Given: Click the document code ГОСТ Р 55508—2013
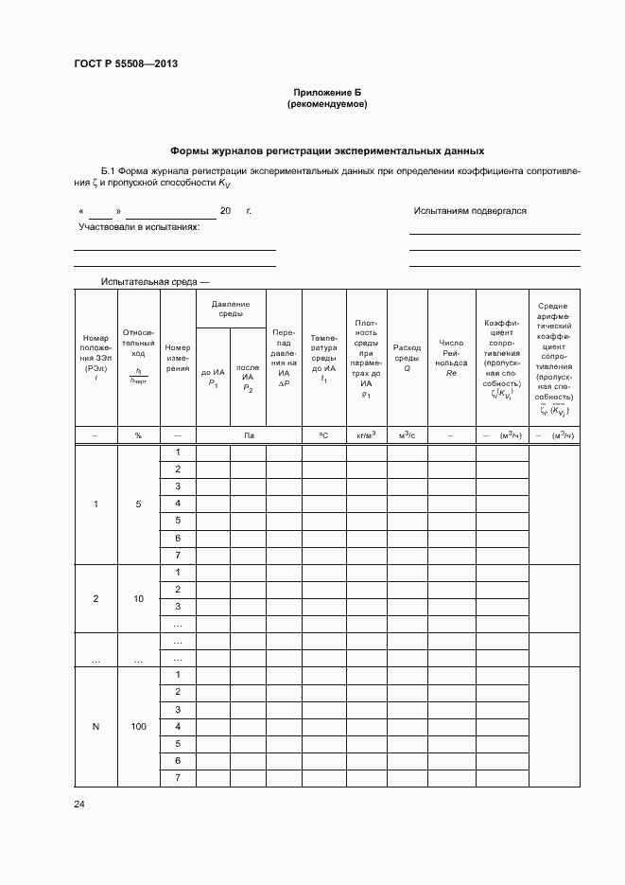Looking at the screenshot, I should coord(126,64).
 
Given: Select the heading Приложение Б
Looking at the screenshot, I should coord(326,92).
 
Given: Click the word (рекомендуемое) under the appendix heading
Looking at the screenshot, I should coord(326,104).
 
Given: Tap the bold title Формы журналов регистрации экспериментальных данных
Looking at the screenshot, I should coord(326,150).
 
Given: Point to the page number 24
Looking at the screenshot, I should coord(79,805).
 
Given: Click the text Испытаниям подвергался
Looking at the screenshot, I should coord(470,211).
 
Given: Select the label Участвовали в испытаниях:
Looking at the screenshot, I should coord(139,227).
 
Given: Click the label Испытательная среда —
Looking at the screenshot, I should coord(155,282).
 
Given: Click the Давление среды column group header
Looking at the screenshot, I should coord(230,309).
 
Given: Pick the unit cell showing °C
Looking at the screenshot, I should coord(323,434).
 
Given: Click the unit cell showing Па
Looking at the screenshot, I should coord(248,434).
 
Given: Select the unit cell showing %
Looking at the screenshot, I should coord(138,434).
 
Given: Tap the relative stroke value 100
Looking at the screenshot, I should coord(138,727).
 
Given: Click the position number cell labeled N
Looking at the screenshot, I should coord(95,727).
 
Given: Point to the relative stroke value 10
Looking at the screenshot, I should coord(138,599).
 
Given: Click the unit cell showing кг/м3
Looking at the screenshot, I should coord(366,434).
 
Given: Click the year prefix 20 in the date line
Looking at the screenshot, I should coord(225,211).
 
